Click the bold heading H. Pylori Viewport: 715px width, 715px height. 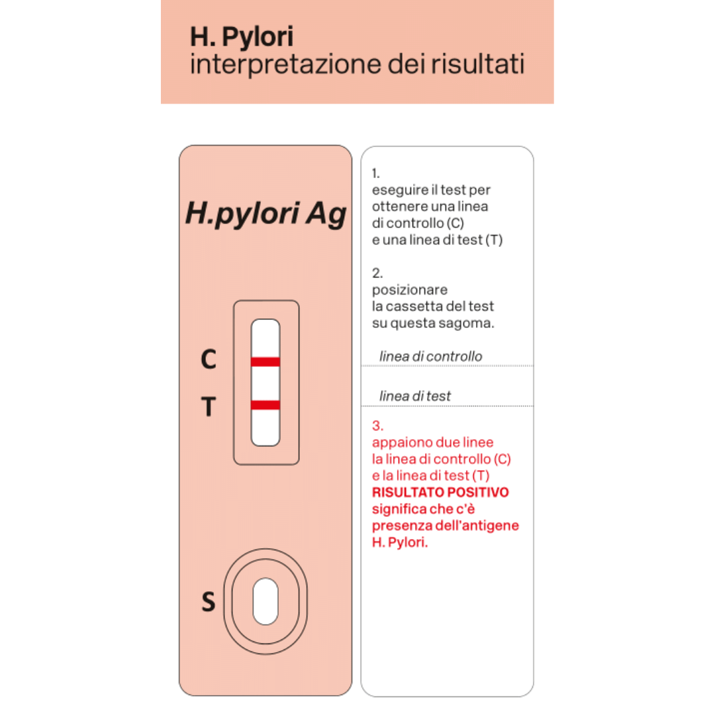tap(241, 37)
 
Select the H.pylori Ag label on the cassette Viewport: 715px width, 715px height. tap(265, 214)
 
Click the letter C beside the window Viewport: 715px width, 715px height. tap(209, 359)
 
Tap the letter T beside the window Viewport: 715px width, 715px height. tap(209, 406)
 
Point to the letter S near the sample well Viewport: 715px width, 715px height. tap(209, 602)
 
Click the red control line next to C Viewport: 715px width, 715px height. tap(265, 361)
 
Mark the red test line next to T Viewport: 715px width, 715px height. tap(265, 405)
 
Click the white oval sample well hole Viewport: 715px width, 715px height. tap(265, 601)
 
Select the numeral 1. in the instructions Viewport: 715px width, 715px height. tap(375, 173)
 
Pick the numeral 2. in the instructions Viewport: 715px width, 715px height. tap(377, 273)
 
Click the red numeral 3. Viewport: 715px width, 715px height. tap(377, 425)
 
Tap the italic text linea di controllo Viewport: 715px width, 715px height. tap(430, 357)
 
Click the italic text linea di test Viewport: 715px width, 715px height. tap(415, 396)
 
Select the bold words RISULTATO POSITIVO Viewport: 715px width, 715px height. tap(440, 493)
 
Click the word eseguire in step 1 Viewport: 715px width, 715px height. tap(395, 190)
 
